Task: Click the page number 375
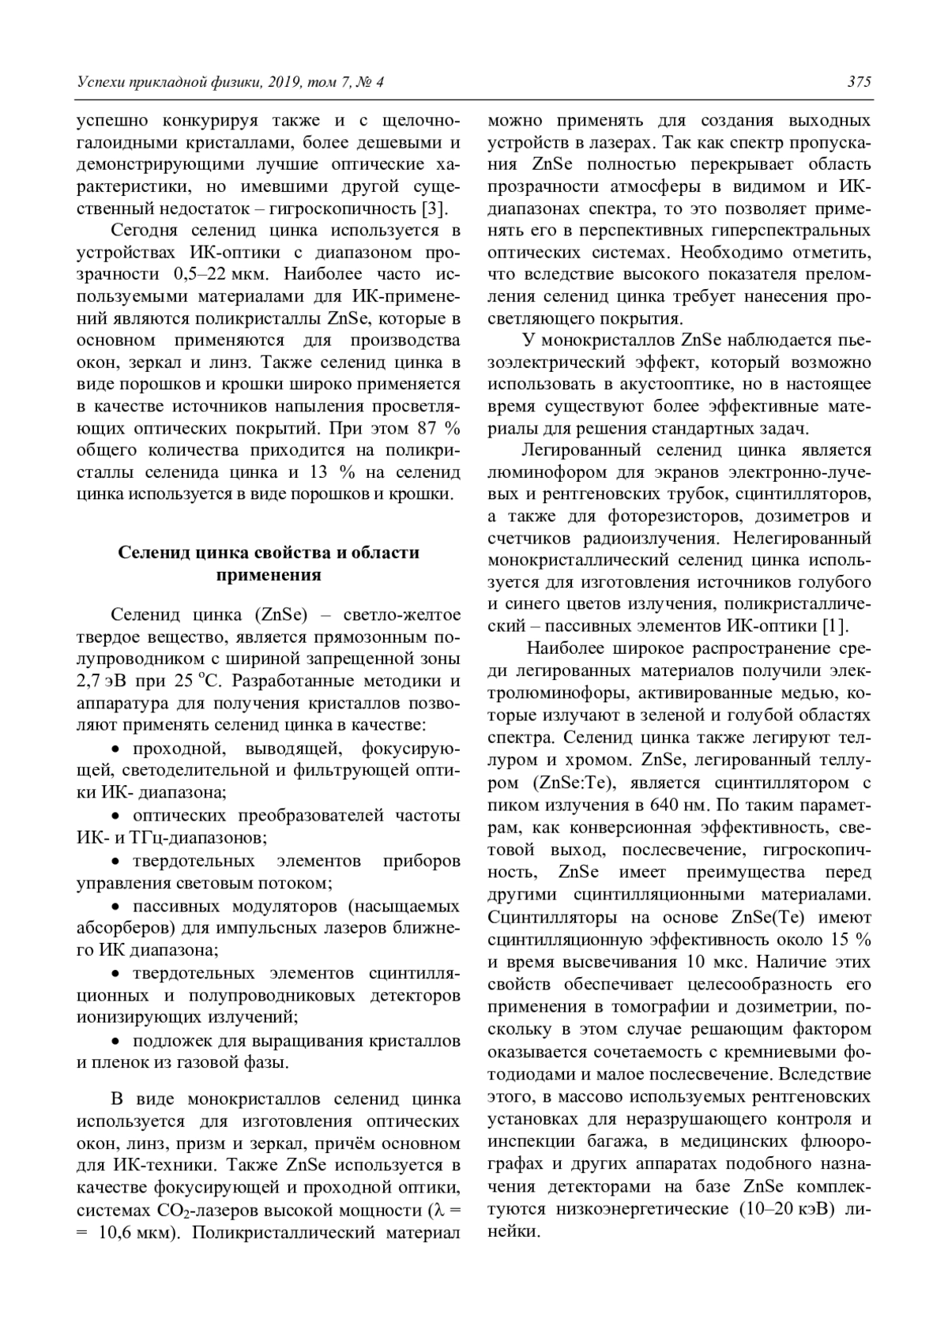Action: coord(859,82)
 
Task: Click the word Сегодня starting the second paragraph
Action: coord(148,231)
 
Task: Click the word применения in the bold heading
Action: coord(269,575)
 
